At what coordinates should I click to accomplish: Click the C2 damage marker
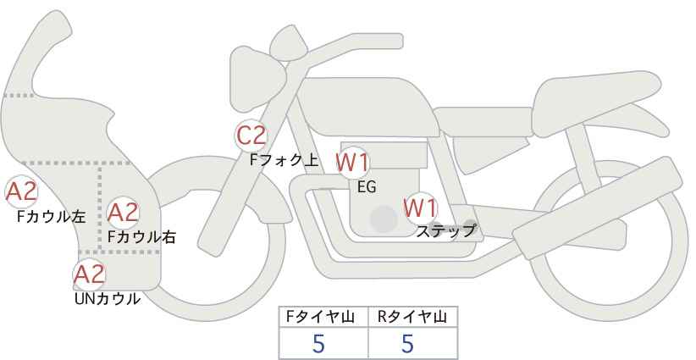coord(251,136)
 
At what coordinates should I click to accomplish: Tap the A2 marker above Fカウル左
coord(21,192)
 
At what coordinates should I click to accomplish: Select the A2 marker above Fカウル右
coord(123,212)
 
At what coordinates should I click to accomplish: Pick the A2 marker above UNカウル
coord(89,274)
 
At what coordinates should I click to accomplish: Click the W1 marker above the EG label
coord(352,163)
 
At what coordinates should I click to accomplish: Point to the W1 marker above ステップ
coord(420,208)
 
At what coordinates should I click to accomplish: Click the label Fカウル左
coord(51,217)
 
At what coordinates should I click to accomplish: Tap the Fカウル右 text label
coord(141,237)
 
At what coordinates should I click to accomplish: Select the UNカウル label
coord(108,299)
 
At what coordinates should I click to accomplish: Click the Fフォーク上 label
coord(284,160)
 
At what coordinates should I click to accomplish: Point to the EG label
coord(367,187)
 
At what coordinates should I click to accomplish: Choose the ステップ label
coord(445,231)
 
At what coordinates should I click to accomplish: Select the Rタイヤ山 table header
coord(412,317)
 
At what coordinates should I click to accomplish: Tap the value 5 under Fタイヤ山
coord(318,343)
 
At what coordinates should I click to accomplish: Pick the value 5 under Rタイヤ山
coord(407,343)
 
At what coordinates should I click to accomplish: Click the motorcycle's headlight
coord(255,79)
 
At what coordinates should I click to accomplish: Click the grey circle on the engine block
coord(384,219)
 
